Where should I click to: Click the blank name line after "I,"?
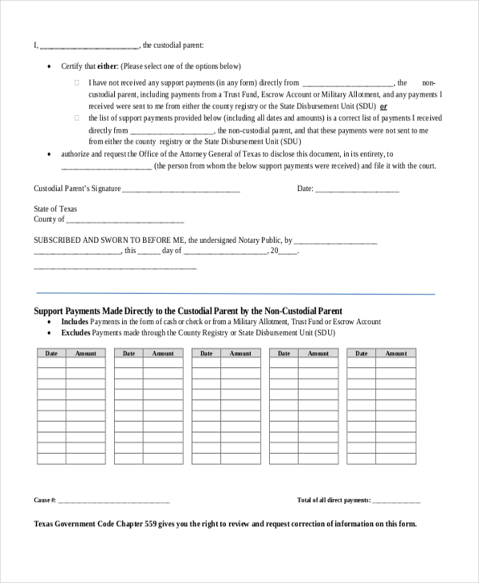[89, 46]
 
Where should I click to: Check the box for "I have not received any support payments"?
[77, 82]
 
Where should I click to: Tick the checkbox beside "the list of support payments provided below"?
[77, 118]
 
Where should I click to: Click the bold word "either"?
[108, 66]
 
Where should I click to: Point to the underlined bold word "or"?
[383, 105]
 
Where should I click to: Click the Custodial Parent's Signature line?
[180, 190]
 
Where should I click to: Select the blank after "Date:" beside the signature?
[357, 190]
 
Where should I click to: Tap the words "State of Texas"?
[55, 209]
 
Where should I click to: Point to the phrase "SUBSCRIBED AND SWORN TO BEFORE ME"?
[109, 239]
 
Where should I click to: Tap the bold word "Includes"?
[76, 322]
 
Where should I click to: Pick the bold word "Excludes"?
[77, 332]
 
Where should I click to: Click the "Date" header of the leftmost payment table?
[51, 353]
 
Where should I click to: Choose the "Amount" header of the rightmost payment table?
[396, 353]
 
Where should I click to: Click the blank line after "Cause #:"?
[114, 501]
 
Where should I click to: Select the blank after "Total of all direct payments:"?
[397, 501]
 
